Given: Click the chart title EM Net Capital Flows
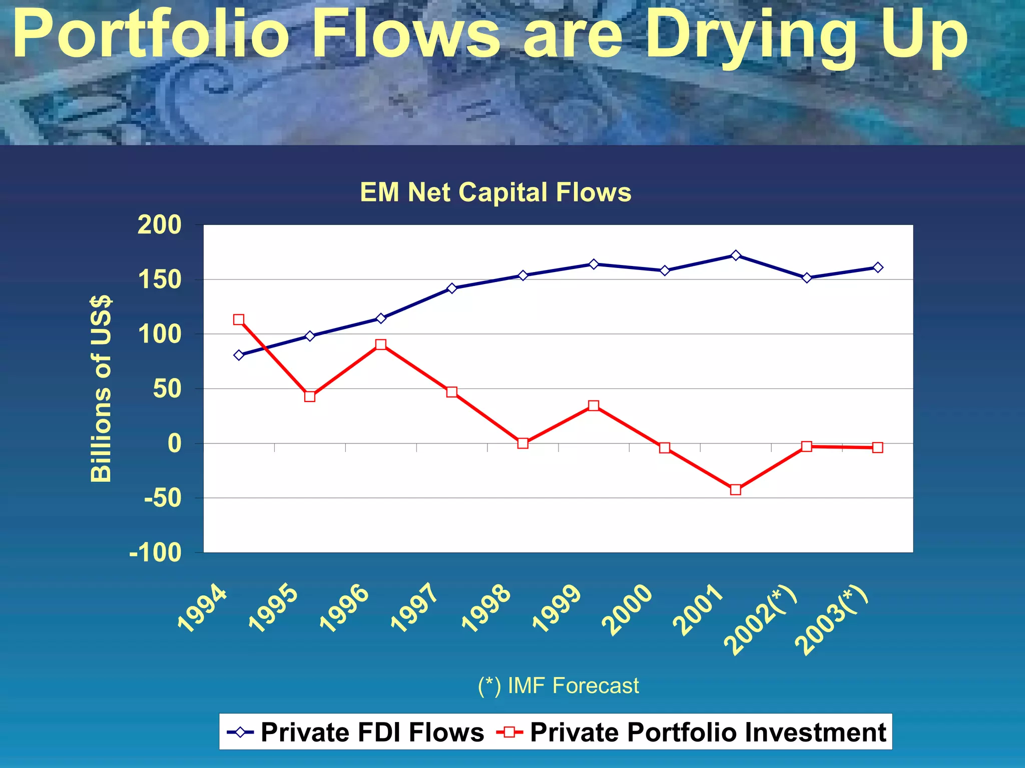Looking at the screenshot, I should [495, 192].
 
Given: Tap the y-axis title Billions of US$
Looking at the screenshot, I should [101, 389].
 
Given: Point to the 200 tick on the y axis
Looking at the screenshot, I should [160, 225].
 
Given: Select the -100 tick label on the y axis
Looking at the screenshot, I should [156, 553].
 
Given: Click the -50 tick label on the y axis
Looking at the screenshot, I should [163, 498].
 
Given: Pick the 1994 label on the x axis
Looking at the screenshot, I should [203, 608].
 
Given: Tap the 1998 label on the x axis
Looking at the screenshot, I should [486, 608].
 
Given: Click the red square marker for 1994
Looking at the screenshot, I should [239, 319].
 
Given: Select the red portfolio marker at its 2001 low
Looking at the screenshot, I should [735, 489].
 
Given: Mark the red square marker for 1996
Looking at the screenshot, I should [381, 344].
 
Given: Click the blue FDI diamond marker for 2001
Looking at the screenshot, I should [735, 255].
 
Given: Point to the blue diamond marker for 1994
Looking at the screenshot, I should [239, 355].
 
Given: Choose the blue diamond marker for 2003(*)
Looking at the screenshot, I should [877, 267].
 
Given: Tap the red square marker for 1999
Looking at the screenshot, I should [594, 405].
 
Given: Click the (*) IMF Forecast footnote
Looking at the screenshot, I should [558, 685].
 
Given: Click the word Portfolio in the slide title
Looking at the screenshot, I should [150, 35].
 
